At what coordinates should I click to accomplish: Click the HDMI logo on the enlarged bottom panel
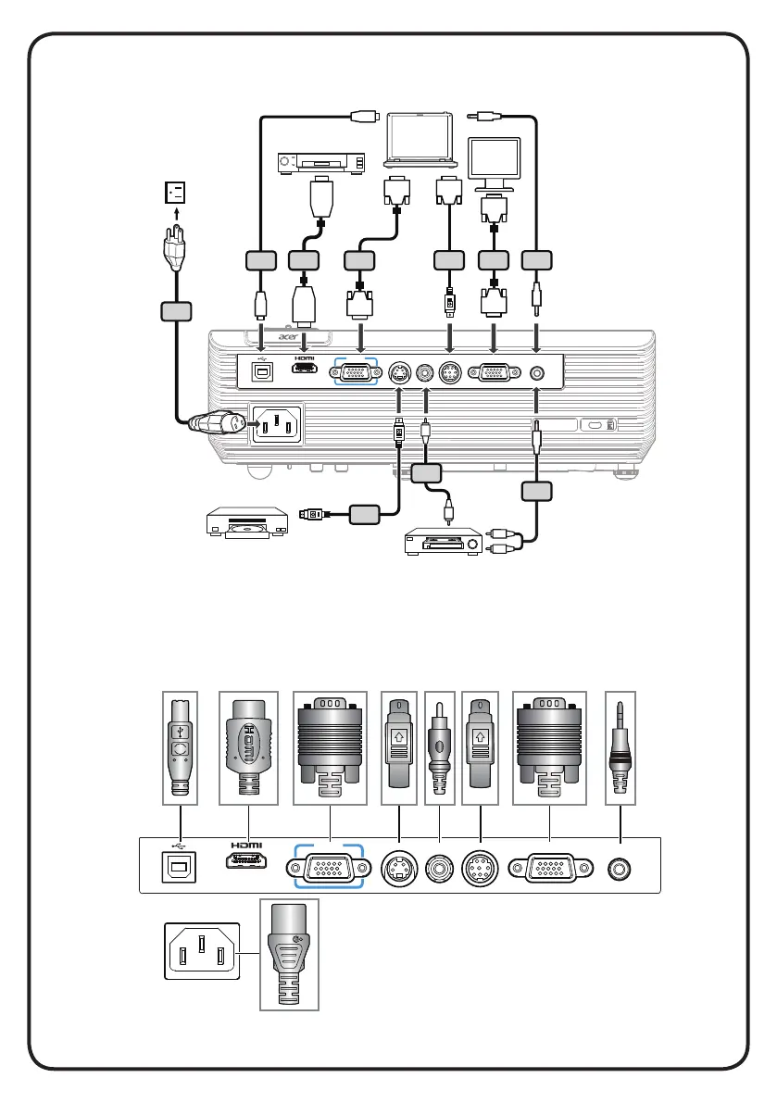click(248, 844)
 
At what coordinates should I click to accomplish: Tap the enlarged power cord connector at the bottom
click(289, 954)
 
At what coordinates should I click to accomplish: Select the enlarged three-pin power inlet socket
click(199, 950)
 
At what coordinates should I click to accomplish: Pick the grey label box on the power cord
click(175, 313)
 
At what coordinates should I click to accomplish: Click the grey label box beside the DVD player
click(367, 510)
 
